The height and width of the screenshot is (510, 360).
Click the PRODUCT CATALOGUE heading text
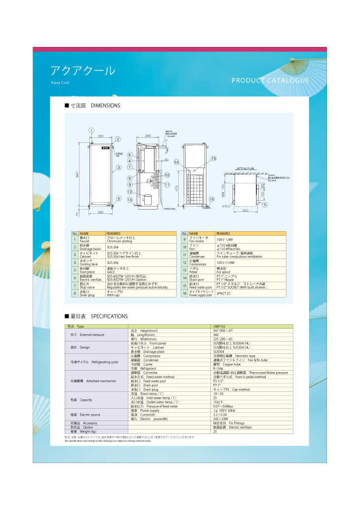click(x=270, y=81)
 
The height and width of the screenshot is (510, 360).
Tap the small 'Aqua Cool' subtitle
click(x=60, y=83)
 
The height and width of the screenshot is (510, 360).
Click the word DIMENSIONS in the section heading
click(x=106, y=106)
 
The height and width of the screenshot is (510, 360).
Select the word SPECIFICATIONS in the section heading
click(x=109, y=316)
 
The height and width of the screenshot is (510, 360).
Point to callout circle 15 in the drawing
click(x=214, y=159)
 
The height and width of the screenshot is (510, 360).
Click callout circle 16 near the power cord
click(x=211, y=199)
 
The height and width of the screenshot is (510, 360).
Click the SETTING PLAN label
click(x=246, y=169)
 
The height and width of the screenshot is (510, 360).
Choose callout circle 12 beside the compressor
click(x=129, y=191)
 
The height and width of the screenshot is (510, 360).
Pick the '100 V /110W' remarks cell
click(x=225, y=263)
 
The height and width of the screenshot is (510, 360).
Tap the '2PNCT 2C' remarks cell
click(x=224, y=294)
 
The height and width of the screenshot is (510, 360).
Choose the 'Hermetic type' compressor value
click(x=245, y=356)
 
